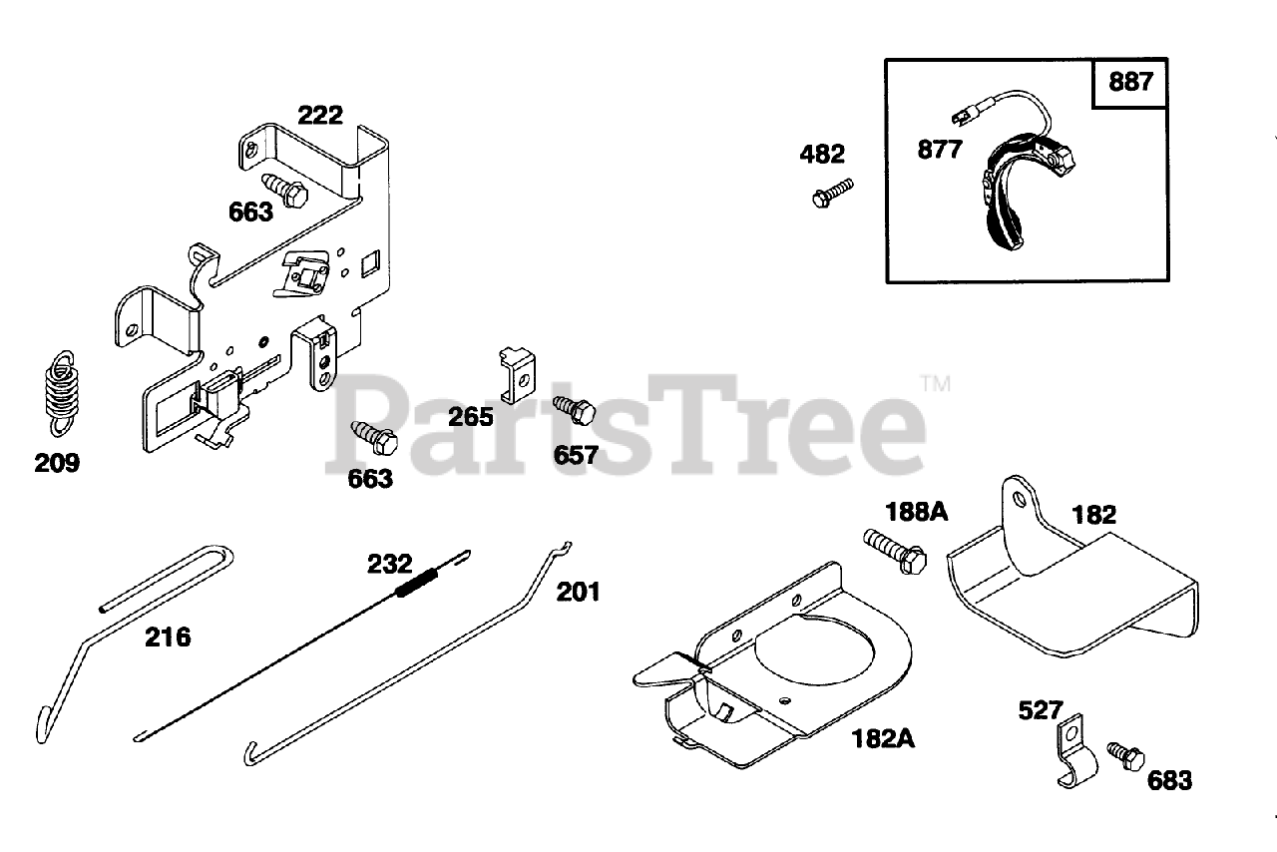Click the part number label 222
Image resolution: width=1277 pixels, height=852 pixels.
coord(320,115)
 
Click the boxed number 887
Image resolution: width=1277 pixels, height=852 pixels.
coord(1130,82)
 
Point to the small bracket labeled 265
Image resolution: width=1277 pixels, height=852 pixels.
coord(517,373)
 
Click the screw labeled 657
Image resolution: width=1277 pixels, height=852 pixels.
coord(573,411)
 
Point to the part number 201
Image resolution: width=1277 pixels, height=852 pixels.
coord(579,591)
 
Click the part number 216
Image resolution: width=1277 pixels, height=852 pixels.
coord(168,637)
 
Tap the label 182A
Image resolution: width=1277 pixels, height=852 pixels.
coord(883,738)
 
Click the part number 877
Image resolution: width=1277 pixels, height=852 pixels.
coord(941,150)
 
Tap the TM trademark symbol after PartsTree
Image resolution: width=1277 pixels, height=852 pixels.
coord(935,383)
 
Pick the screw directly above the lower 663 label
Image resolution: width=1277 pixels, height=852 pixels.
coord(374,437)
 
